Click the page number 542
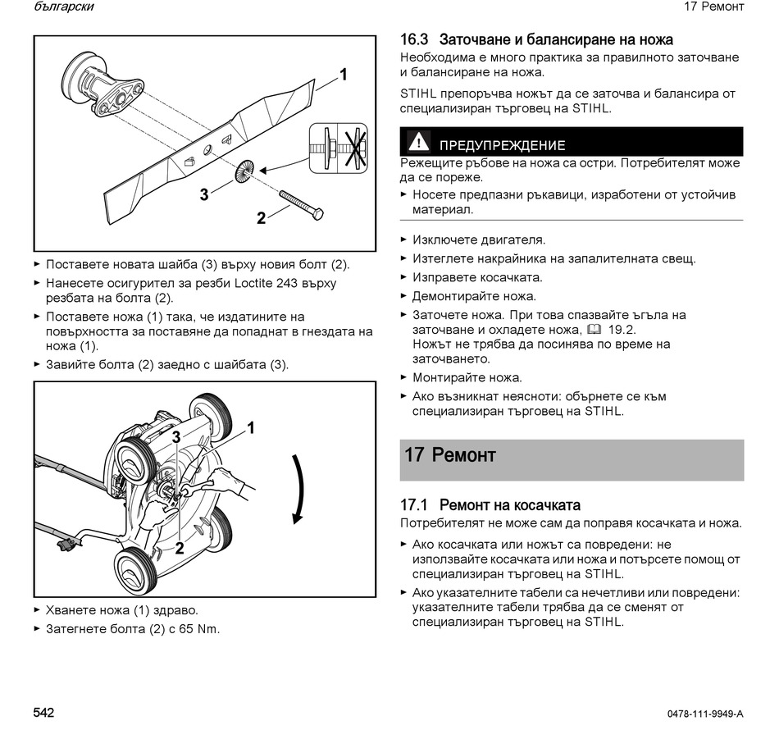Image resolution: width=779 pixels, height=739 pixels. (x=43, y=713)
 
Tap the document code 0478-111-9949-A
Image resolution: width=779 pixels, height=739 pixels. (x=705, y=714)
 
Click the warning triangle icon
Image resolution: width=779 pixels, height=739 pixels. (x=418, y=141)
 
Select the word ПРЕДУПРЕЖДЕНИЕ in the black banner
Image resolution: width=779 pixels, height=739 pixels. (x=503, y=145)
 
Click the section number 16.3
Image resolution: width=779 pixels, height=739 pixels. (x=414, y=39)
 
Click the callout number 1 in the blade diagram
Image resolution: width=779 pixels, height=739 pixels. (x=343, y=75)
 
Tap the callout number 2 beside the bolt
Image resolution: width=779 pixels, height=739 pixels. (x=262, y=217)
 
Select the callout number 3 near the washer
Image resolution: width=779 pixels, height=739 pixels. (x=204, y=194)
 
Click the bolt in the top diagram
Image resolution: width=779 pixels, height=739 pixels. (x=301, y=205)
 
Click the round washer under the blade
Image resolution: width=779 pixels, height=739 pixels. (x=244, y=171)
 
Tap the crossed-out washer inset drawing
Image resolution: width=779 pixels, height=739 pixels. (x=339, y=148)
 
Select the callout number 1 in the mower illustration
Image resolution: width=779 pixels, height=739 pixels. (x=251, y=428)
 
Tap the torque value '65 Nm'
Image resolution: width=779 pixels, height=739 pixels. (x=199, y=629)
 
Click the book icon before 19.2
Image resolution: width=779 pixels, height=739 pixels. (x=594, y=330)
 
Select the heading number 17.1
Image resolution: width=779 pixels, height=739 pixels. (x=414, y=505)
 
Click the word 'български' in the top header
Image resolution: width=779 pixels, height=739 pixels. (x=64, y=7)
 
